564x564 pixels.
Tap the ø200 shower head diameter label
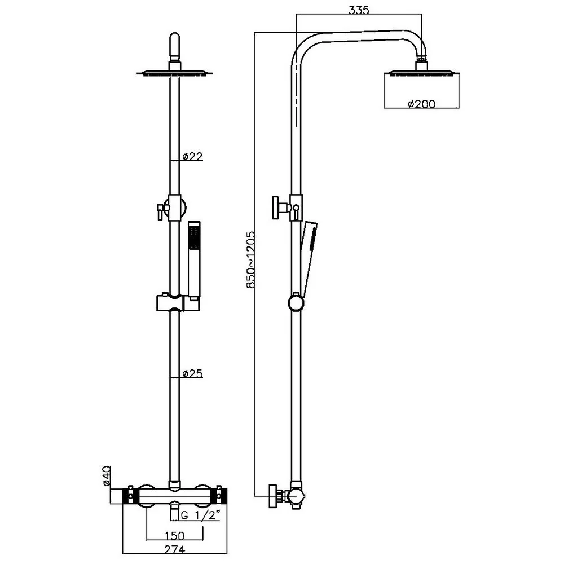coord(421,103)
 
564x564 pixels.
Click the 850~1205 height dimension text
coord(250,259)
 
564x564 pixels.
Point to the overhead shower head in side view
coord(421,73)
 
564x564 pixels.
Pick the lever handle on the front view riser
coord(160,210)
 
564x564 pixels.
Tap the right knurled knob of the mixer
coord(221,496)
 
